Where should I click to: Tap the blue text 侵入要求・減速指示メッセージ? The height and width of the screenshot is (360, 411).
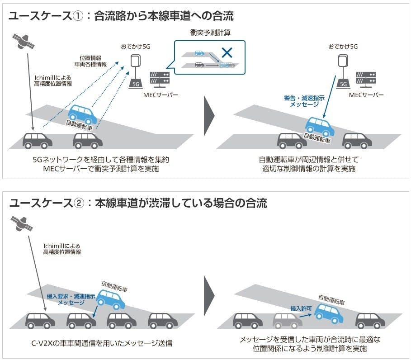click(71, 299)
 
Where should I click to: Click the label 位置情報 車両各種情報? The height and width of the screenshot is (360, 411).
click(93, 61)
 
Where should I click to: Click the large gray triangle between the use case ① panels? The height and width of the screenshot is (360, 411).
click(209, 116)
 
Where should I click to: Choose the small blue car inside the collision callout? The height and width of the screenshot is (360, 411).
click(199, 53)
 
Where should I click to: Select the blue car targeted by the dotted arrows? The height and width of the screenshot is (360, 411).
click(82, 114)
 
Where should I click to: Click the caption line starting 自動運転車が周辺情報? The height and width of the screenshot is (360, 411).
click(308, 160)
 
